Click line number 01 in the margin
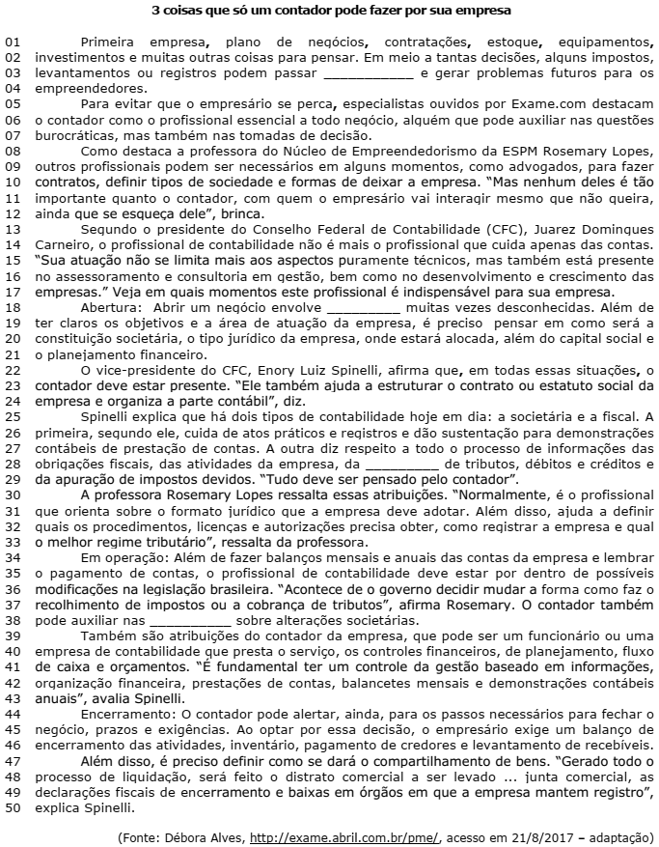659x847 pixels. [x=13, y=44]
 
